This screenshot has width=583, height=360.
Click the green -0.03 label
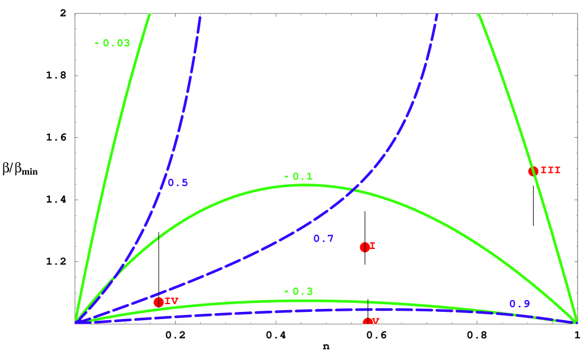(x=112, y=43)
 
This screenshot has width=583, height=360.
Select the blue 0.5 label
(x=178, y=183)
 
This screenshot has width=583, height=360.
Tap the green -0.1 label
(x=298, y=176)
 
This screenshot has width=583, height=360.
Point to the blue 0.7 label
(x=323, y=239)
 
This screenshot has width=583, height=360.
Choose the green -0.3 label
(x=298, y=292)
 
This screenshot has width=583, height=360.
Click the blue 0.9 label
(x=519, y=304)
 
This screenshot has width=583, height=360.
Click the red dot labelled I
(x=365, y=247)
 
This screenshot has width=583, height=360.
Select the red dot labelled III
(x=533, y=171)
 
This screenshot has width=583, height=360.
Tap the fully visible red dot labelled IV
(x=159, y=302)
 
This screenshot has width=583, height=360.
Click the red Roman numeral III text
(x=550, y=170)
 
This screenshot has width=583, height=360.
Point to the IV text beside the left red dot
(x=172, y=301)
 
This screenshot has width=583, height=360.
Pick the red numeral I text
(x=373, y=246)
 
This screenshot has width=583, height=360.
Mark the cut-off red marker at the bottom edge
(x=368, y=321)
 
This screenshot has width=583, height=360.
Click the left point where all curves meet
(x=76, y=321)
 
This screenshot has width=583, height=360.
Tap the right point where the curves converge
(x=575, y=321)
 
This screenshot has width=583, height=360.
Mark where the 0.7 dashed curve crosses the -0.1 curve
(x=355, y=190)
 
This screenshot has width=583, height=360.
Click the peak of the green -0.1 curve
(x=304, y=185)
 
